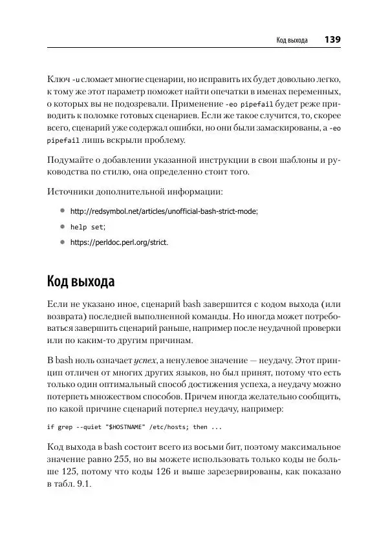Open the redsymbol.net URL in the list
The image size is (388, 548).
164,211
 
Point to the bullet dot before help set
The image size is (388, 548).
63,227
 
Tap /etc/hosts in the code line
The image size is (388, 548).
169,427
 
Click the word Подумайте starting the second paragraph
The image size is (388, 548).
72,160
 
